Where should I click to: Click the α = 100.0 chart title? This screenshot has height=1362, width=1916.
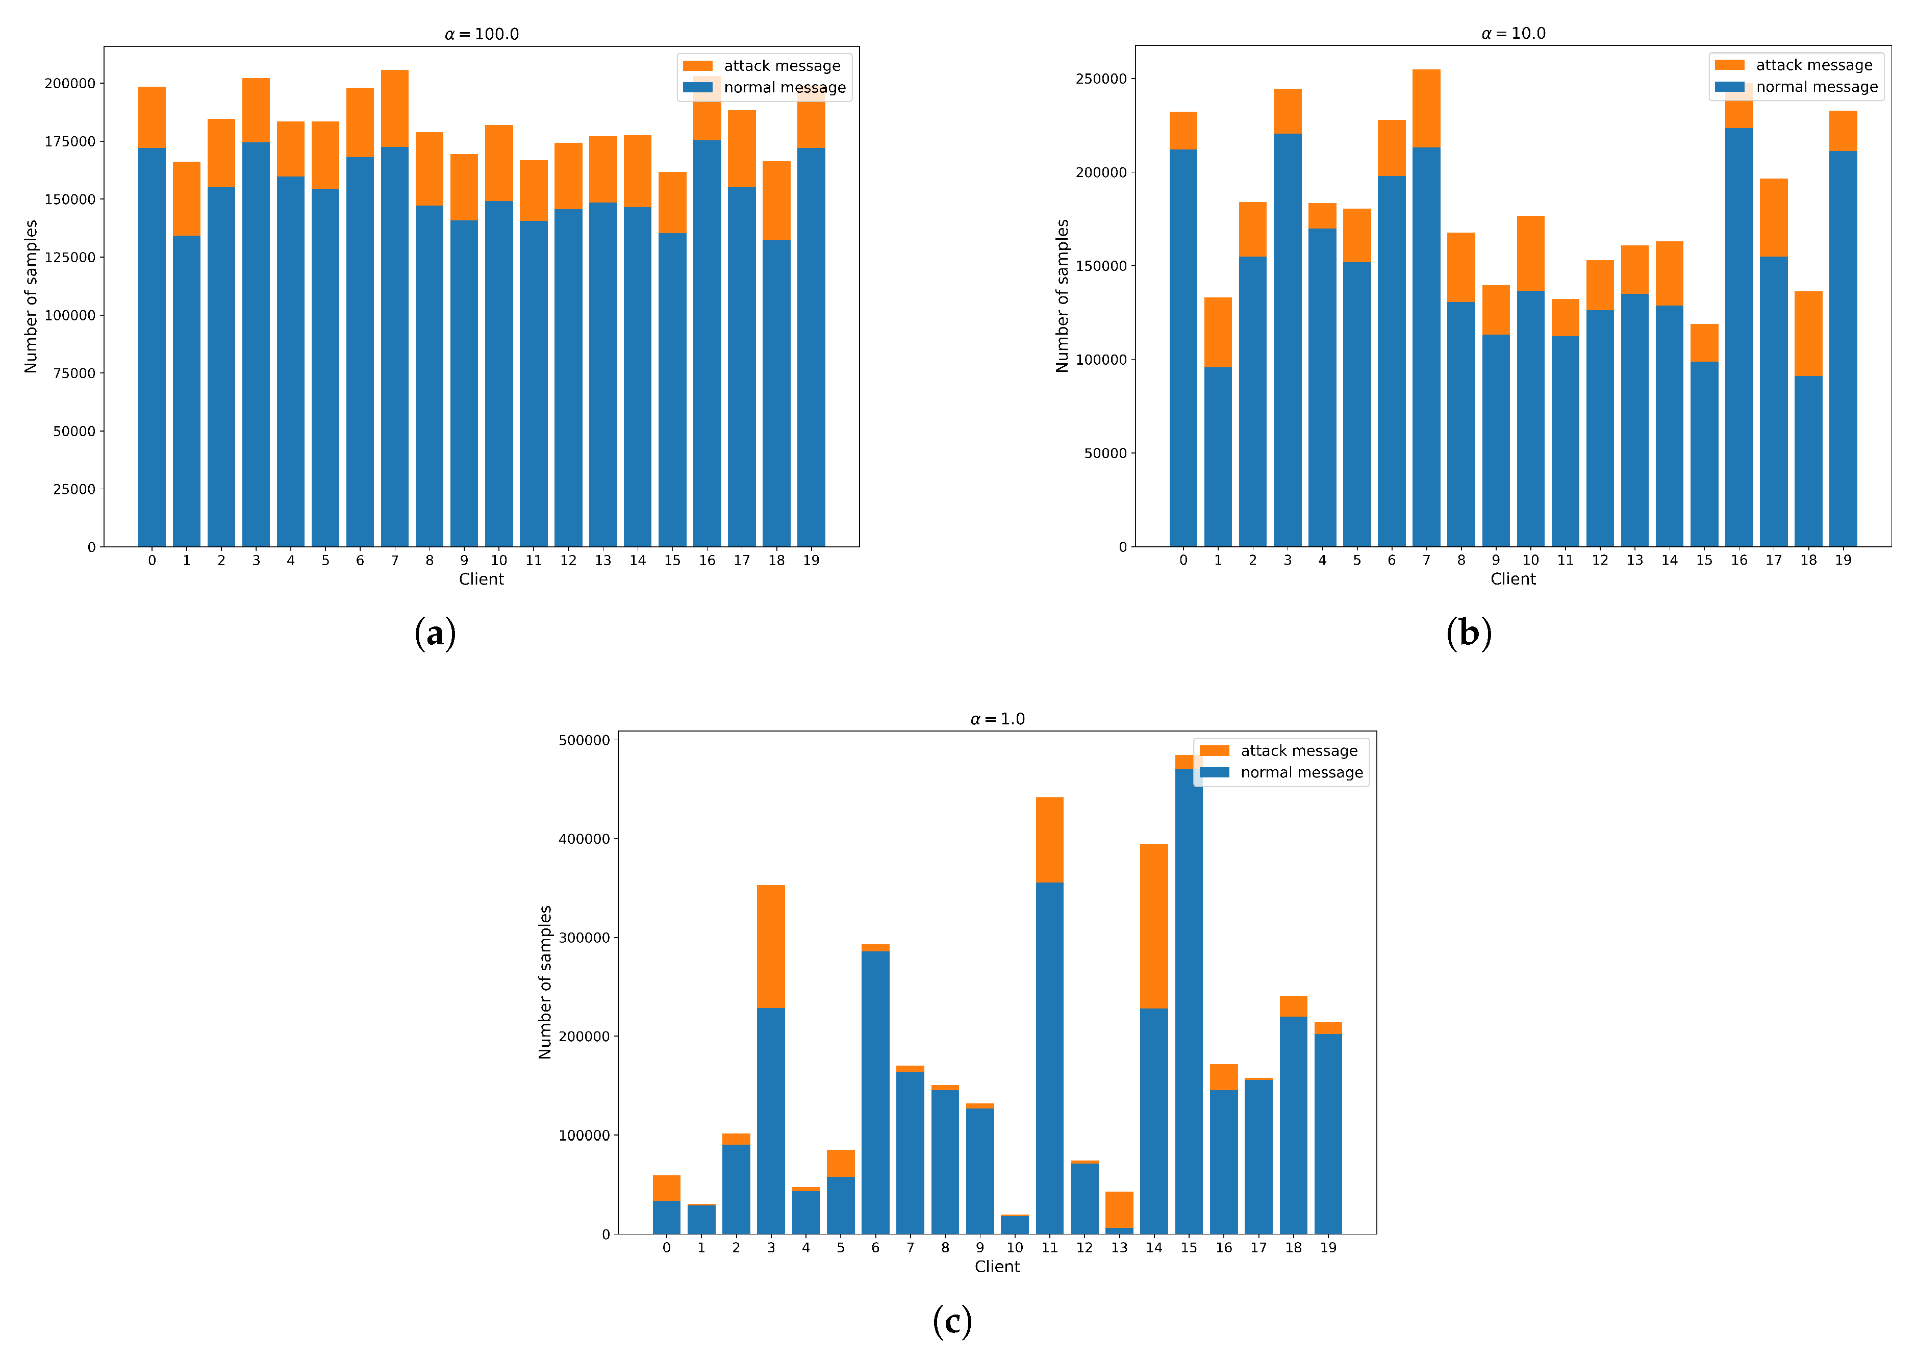482,34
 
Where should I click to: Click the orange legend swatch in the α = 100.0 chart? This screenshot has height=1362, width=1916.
698,65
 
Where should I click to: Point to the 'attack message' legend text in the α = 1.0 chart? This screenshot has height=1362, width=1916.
1298,750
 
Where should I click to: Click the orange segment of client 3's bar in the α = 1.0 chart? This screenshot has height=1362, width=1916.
771,946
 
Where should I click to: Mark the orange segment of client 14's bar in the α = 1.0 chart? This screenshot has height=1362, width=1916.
1154,926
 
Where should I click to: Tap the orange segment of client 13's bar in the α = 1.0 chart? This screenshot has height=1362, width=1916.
1119,1209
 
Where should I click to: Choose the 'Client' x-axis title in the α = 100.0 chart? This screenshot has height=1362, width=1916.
482,578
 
